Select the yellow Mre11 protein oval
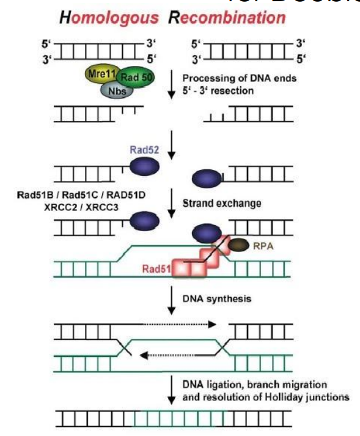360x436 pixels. [100, 74]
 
